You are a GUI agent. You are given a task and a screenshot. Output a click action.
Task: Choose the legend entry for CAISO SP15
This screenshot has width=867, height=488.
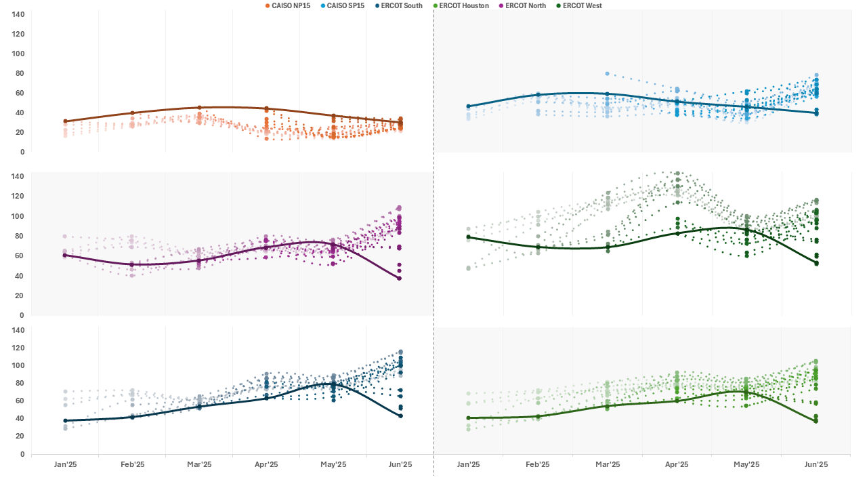(x=346, y=5)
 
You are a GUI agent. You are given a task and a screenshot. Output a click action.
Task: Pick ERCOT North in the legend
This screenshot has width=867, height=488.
(x=524, y=5)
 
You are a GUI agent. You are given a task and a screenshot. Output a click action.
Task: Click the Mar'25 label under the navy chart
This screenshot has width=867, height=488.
(x=199, y=464)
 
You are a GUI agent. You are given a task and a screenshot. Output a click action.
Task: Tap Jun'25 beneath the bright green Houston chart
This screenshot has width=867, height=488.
(x=816, y=464)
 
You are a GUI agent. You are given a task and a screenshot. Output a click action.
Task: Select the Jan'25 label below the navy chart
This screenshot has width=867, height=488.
(x=65, y=464)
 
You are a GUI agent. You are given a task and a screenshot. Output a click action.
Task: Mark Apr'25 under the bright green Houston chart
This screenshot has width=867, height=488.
(x=677, y=464)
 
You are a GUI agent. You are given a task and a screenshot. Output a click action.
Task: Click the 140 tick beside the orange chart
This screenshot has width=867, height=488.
(x=19, y=14)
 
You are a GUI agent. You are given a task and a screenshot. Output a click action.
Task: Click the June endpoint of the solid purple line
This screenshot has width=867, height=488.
(x=400, y=279)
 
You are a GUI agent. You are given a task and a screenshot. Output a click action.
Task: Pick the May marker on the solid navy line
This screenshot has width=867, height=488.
(x=333, y=384)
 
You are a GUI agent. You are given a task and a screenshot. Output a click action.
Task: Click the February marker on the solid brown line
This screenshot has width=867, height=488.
(x=132, y=113)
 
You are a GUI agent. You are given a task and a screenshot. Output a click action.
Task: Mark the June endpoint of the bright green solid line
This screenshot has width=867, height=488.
(x=816, y=422)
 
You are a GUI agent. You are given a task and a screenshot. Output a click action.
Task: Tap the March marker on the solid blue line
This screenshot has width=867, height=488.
(x=607, y=94)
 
